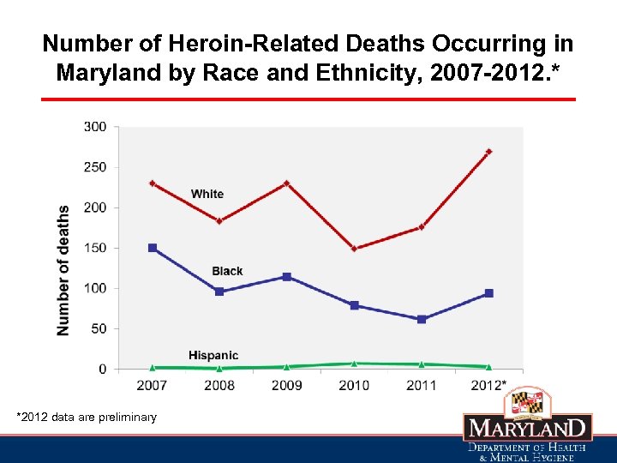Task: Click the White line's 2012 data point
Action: tap(488, 152)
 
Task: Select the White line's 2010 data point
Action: tap(354, 249)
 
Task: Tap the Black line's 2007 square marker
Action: tap(153, 248)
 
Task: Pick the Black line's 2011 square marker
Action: tap(421, 319)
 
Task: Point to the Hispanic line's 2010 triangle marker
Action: tap(354, 364)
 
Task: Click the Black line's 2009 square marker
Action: tap(287, 277)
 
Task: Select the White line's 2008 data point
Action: tap(219, 221)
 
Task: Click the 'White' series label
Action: tap(207, 194)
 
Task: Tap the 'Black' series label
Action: tap(227, 271)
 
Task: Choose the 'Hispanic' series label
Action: tap(213, 355)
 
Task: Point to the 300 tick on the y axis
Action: tap(95, 127)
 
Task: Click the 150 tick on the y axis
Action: tap(95, 248)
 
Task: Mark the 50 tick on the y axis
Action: tap(99, 328)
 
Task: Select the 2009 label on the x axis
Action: tap(287, 385)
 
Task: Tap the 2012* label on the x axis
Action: tap(489, 385)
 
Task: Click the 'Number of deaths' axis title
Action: tap(63, 270)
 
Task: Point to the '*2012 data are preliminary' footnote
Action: tap(87, 417)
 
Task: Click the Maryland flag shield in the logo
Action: tap(528, 401)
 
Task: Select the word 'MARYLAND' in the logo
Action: tap(528, 428)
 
